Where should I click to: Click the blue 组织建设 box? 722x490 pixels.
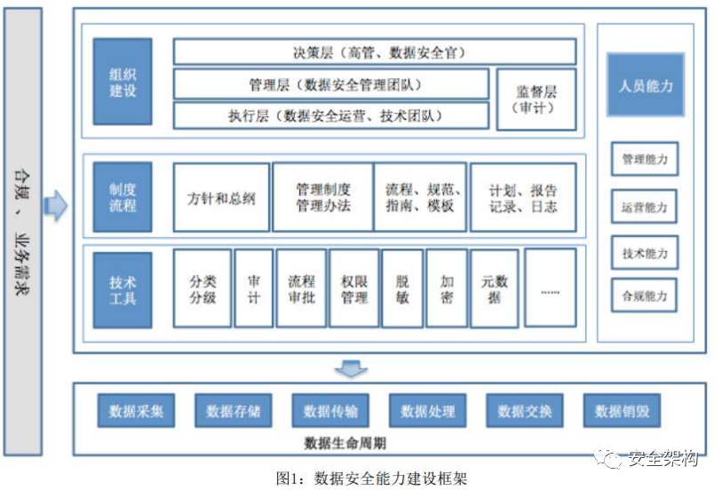(x=122, y=81)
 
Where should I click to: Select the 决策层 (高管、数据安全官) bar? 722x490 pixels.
(x=374, y=52)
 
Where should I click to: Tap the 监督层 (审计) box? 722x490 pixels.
(x=536, y=98)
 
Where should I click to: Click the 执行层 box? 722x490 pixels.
(x=330, y=115)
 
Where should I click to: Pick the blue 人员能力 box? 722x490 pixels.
(x=646, y=85)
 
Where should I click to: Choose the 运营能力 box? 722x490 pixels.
(x=644, y=207)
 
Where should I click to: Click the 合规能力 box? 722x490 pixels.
(x=644, y=295)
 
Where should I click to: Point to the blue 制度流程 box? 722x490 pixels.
(x=122, y=197)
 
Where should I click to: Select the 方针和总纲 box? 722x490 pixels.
(x=221, y=198)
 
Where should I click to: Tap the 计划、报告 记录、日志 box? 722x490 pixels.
(x=523, y=198)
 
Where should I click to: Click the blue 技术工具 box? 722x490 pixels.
(x=122, y=289)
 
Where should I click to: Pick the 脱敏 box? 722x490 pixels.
(x=402, y=288)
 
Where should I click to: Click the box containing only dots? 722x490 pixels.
(x=550, y=288)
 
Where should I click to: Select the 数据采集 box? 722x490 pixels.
(x=136, y=411)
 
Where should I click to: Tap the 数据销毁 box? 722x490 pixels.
(x=622, y=411)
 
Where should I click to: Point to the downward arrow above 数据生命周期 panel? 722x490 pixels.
(x=353, y=367)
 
